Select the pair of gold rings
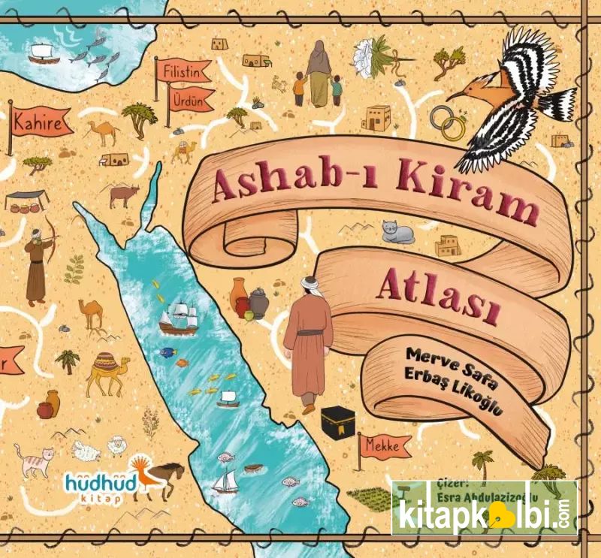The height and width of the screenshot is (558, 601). pos(448,122)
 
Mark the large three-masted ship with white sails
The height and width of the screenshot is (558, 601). pos(178,315)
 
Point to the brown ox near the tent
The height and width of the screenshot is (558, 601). pos(124,195)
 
